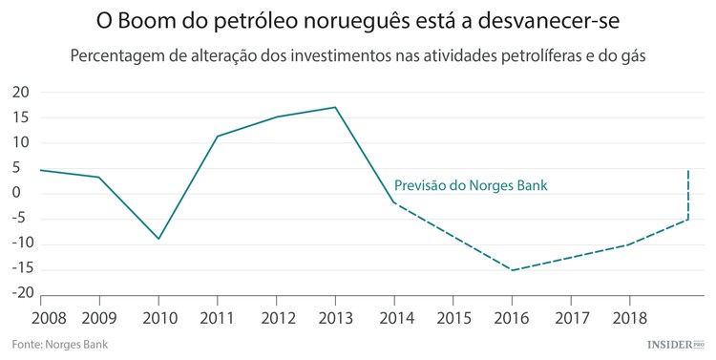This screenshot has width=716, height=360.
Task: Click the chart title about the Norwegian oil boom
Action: (358, 20)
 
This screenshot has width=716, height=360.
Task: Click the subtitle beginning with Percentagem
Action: (358, 55)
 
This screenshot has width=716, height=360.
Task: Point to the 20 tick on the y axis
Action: (20, 93)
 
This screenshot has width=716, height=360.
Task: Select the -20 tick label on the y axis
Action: (18, 294)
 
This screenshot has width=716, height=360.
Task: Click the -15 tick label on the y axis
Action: (18, 269)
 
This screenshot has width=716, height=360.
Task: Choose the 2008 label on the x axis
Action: (40, 316)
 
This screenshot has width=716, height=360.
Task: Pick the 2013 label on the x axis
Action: (335, 316)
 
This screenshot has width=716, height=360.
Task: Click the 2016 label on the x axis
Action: (512, 316)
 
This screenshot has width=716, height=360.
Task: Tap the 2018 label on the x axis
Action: (629, 316)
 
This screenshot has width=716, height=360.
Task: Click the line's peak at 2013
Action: (335, 107)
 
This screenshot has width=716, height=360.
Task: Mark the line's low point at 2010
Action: (158, 239)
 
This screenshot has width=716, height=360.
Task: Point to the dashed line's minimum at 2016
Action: (512, 270)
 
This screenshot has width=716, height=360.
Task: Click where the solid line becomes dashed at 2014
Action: (394, 202)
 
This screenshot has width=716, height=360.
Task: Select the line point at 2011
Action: (218, 136)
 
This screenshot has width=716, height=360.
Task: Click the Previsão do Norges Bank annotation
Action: (471, 185)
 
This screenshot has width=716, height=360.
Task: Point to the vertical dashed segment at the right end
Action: (688, 196)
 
